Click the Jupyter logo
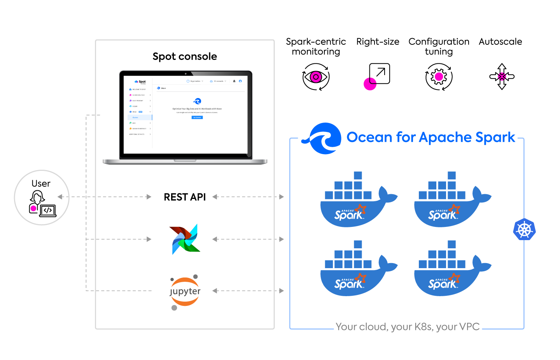pyautogui.click(x=185, y=292)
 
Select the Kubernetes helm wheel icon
pyautogui.click(x=524, y=230)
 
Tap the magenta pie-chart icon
pyautogui.click(x=370, y=84)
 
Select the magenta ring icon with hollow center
pyautogui.click(x=316, y=77)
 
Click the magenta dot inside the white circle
pyautogui.click(x=33, y=209)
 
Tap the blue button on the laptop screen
pyautogui.click(x=197, y=117)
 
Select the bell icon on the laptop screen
pyautogui.click(x=234, y=81)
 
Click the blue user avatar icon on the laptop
pyautogui.click(x=240, y=81)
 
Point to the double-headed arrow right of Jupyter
pyautogui.click(x=248, y=291)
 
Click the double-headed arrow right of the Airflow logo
pyautogui.click(x=248, y=239)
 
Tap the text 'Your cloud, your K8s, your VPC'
pyautogui.click(x=408, y=327)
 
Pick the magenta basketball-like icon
pyautogui.click(x=502, y=77)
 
